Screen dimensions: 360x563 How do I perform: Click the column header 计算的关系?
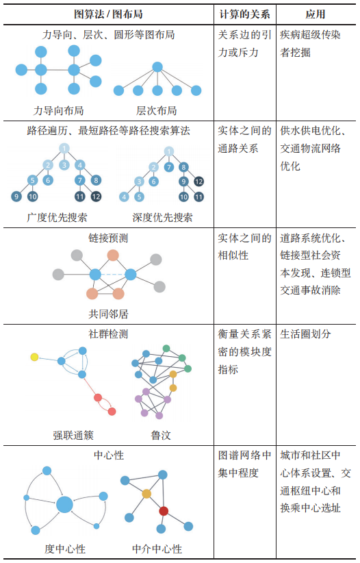[244, 14]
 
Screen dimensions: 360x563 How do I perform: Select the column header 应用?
[316, 14]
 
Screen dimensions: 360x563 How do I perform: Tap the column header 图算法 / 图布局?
[108, 14]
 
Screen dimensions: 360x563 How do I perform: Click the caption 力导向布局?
[58, 110]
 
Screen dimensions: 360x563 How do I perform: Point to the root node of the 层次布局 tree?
[157, 67]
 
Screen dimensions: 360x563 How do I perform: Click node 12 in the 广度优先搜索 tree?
[96, 197]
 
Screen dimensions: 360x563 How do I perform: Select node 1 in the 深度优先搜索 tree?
[168, 151]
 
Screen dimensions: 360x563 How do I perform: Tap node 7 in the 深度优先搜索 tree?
[168, 167]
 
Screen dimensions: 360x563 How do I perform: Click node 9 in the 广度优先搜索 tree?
[16, 197]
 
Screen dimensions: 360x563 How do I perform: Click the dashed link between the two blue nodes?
[113, 275]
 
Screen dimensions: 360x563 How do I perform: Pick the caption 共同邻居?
[108, 314]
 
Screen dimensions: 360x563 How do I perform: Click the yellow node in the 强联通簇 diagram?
[34, 357]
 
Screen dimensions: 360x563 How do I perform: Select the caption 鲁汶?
[161, 436]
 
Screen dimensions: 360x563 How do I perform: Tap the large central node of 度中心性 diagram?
[64, 505]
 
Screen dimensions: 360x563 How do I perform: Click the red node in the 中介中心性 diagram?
[164, 511]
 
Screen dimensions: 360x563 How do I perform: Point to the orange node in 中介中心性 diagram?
[146, 494]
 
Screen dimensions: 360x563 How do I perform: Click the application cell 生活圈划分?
[305, 334]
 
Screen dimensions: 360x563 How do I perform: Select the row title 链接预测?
[108, 238]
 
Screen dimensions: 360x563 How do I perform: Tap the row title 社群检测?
[108, 334]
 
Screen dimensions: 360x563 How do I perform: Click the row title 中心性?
[109, 455]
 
